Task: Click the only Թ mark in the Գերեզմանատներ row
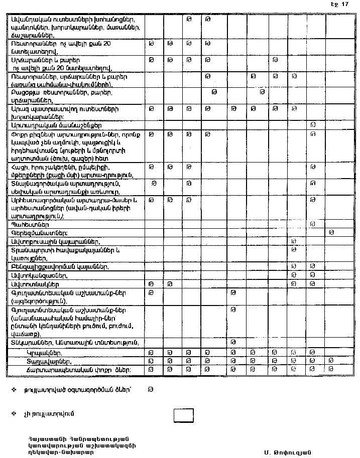331,232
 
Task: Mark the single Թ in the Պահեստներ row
313,224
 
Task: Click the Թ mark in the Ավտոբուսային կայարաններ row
294,241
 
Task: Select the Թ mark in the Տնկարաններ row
233,342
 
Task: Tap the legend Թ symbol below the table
150,389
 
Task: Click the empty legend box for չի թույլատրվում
183,415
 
